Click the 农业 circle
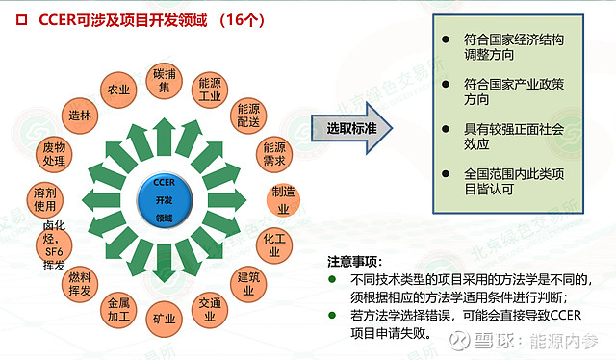118,90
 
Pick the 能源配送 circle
248,116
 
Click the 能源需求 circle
274,154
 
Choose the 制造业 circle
283,199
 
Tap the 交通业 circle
210,308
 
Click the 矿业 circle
164,317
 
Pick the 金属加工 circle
119,308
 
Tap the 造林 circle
80,116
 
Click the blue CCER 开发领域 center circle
164,199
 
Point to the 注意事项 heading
354,261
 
